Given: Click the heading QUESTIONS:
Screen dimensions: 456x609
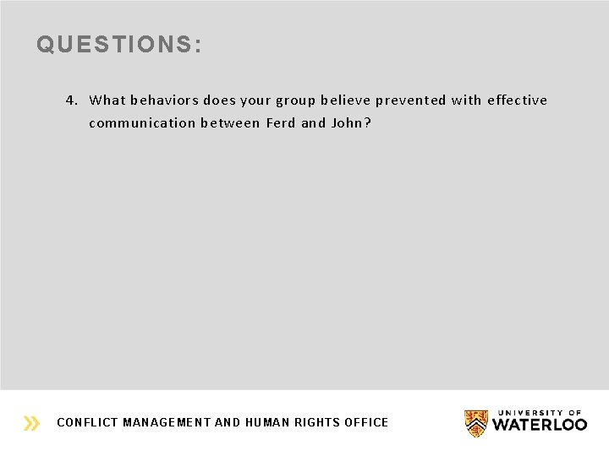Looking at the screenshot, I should (119, 45).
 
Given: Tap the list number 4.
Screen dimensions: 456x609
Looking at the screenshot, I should (72, 100).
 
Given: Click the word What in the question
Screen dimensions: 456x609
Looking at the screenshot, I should (107, 100).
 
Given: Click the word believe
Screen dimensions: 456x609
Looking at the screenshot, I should (345, 100).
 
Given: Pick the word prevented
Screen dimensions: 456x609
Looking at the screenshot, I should (410, 100).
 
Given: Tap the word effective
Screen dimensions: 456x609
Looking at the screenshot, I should (517, 100).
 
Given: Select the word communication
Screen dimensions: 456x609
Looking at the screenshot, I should (142, 123).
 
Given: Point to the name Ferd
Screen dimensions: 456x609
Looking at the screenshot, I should (281, 123).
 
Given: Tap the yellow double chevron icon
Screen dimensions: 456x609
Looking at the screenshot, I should (32, 423).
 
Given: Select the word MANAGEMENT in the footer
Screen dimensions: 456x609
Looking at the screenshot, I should (166, 422).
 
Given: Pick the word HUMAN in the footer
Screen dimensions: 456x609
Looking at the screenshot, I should (267, 422).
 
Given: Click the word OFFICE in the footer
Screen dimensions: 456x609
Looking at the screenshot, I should (366, 422).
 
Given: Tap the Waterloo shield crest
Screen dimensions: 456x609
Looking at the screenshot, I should (476, 422).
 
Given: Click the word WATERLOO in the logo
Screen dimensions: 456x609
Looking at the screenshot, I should (540, 425).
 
